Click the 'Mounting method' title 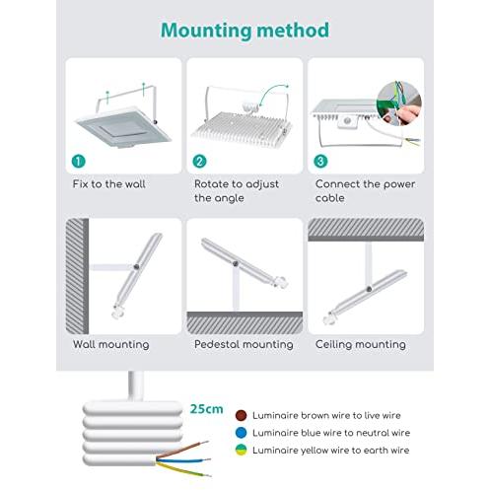(x=245, y=31)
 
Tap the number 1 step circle (x=78, y=162)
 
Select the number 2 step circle (x=199, y=162)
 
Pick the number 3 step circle (x=320, y=162)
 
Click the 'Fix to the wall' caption (x=108, y=184)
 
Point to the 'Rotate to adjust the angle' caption (x=237, y=191)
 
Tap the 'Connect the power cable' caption (x=365, y=191)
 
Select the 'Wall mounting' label (x=111, y=344)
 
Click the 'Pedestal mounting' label (x=244, y=344)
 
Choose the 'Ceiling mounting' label (x=361, y=344)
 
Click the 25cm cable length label (x=206, y=409)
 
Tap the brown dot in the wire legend (x=241, y=415)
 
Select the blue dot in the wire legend (x=241, y=433)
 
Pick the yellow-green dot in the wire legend (x=241, y=451)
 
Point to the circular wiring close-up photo (x=399, y=104)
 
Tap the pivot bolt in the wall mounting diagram (x=136, y=267)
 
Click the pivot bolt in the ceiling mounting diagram (x=369, y=289)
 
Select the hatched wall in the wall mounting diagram (x=77, y=276)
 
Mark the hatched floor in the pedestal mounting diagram (x=245, y=323)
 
